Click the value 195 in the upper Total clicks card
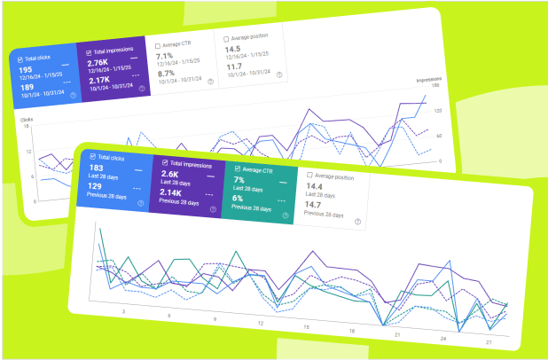point(25,70)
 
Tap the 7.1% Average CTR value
point(166,56)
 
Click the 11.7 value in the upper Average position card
point(234,67)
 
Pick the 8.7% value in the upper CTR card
point(166,74)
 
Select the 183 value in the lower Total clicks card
point(98,168)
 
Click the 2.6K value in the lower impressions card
point(169,175)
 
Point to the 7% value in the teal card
point(239,180)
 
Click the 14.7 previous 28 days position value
point(314,205)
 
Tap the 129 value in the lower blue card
point(97,185)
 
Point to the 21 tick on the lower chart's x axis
point(398,334)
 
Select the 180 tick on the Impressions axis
point(436,86)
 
